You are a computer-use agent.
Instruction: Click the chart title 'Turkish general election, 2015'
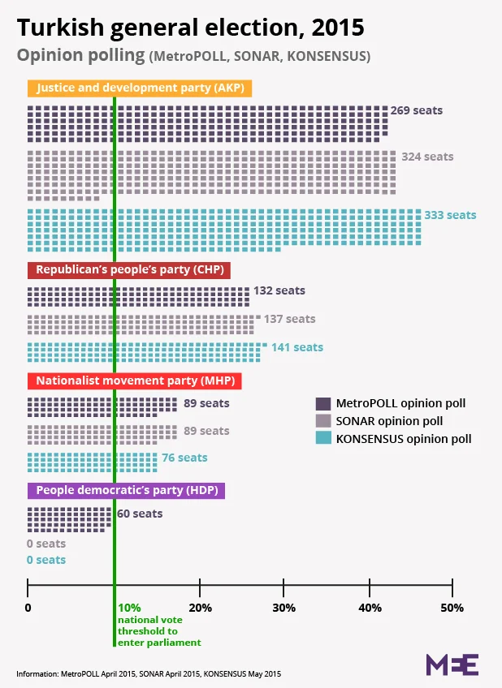191,28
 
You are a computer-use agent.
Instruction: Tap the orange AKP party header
141,88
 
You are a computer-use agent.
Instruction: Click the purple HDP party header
126,490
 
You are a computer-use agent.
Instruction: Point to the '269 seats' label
417,110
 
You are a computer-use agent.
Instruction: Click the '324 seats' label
427,157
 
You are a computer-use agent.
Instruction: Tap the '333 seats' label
450,215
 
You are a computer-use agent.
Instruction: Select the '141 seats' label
297,347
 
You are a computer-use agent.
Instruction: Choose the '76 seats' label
184,458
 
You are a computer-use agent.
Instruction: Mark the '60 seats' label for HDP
140,514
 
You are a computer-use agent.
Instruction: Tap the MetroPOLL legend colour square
322,403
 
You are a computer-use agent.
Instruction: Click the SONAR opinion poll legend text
390,421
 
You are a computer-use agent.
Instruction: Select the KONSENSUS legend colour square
322,439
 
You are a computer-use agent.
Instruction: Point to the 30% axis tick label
283,608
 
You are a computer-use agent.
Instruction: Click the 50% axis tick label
452,608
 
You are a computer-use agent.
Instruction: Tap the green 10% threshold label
129,608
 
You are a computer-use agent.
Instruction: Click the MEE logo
452,663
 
